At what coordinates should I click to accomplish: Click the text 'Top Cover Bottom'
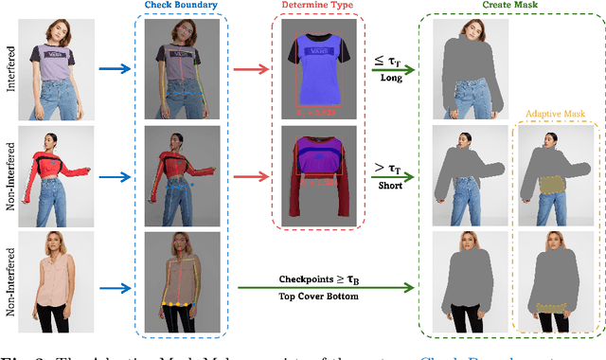tap(324, 294)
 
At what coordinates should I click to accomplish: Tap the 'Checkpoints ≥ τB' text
tap(324, 279)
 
